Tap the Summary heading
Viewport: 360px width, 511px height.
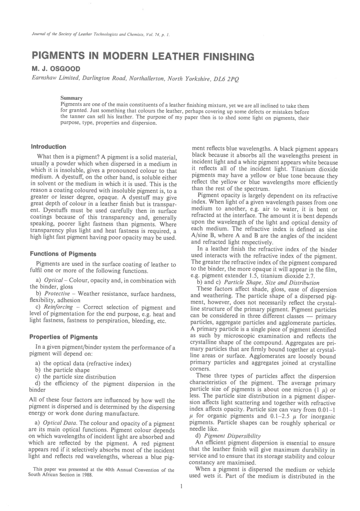pyautogui.click(x=71, y=98)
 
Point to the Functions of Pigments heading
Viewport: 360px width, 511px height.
pyautogui.click(x=63, y=254)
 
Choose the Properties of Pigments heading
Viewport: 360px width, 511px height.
pyautogui.click(x=64, y=337)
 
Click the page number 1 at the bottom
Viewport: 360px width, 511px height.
pyautogui.click(x=181, y=486)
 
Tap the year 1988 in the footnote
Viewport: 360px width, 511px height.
pyautogui.click(x=87, y=475)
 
